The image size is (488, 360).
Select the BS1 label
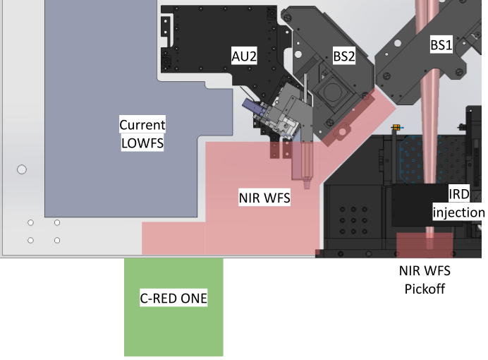[441, 44]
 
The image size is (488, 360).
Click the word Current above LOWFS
[142, 125]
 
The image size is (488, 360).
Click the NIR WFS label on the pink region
[264, 199]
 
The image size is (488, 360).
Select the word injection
[459, 212]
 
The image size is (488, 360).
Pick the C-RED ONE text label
[173, 299]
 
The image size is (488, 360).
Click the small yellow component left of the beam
[396, 128]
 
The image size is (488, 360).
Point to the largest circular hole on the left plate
[22, 169]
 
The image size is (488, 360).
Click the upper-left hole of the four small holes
[30, 223]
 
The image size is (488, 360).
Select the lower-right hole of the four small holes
[57, 240]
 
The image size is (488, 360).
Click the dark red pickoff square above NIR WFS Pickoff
[424, 244]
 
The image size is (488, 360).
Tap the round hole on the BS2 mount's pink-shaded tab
[343, 131]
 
